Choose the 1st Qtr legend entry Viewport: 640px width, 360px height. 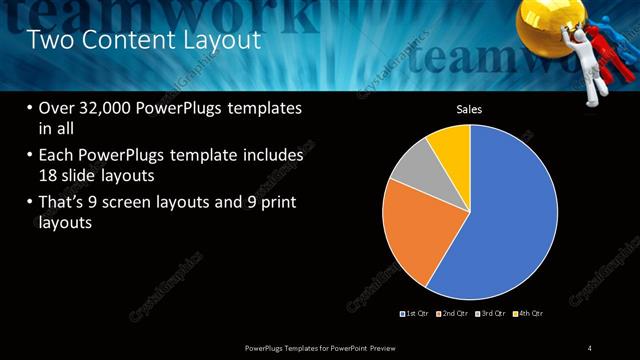[415, 313]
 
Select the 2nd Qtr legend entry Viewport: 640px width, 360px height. [453, 313]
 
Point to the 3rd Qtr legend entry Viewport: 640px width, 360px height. [490, 313]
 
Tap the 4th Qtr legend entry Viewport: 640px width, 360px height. [527, 313]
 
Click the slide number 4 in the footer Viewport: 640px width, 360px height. [590, 347]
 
